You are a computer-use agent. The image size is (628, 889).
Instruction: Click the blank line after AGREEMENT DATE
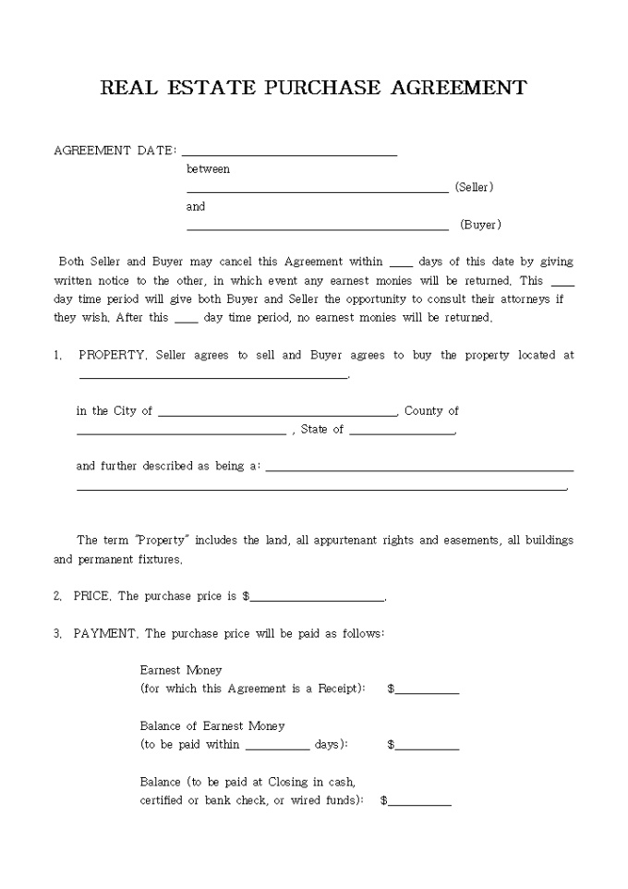coord(289,152)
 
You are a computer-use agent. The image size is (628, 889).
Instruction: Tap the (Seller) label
coord(475,188)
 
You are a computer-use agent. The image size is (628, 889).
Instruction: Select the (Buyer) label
coord(480,225)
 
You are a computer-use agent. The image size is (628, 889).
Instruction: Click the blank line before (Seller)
coord(317,189)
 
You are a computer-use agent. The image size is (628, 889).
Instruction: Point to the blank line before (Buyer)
coord(317,226)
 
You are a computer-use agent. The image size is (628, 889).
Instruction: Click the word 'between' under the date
coord(208,169)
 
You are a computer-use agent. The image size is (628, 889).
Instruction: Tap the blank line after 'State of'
coord(402,432)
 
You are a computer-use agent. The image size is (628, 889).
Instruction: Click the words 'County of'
coord(431,411)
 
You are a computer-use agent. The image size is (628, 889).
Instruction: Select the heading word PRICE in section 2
coord(92,597)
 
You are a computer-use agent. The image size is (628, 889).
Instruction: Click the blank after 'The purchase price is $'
coord(317,599)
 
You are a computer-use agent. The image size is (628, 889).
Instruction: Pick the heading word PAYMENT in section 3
coord(105,634)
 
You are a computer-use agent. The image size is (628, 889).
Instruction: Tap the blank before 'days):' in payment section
coord(277,747)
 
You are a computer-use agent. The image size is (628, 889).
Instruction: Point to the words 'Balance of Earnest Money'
coord(212,726)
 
